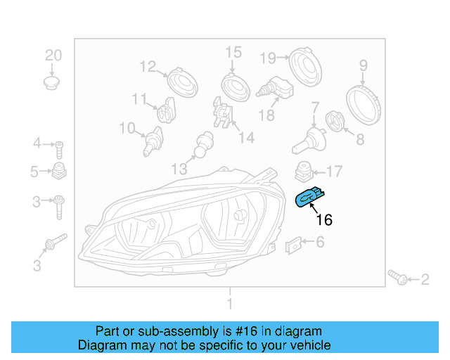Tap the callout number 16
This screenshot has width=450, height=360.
click(323, 220)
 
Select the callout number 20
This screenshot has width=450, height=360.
click(53, 56)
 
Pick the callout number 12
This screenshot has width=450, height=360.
click(148, 67)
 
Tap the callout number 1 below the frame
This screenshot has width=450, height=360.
click(229, 304)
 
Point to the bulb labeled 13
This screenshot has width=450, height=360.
click(204, 144)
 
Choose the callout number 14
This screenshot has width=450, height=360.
click(245, 138)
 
